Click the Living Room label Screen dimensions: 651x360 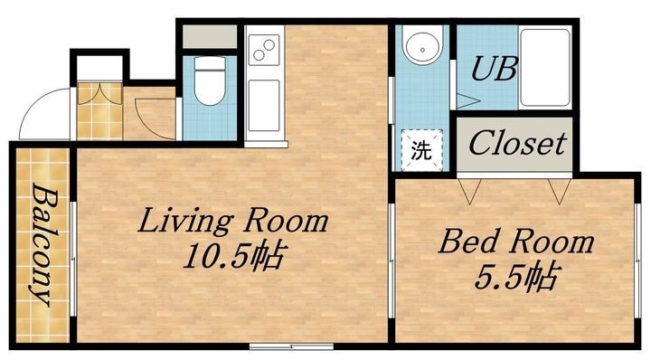pos(233,221)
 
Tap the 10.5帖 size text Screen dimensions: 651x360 pos(234,255)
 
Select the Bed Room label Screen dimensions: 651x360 pos(516,242)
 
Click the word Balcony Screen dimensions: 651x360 pos(43,244)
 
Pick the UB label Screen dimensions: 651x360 pos(495,69)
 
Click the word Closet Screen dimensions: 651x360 pos(517,143)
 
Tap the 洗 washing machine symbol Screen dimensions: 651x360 pos(422,150)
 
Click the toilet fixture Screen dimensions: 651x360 pos(210,81)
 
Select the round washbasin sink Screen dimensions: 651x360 pos(422,49)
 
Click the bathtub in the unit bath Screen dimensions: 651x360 pos(544,67)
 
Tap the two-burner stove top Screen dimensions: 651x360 pos(264,50)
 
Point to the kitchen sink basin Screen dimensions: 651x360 pos(264,106)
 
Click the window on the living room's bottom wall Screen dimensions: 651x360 pos(291,346)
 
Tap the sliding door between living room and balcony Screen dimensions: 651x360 pos(73,259)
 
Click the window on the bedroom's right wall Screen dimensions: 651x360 pos(637,261)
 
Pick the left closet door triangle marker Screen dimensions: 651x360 pos(469,192)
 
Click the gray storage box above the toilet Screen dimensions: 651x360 pos(210,36)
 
